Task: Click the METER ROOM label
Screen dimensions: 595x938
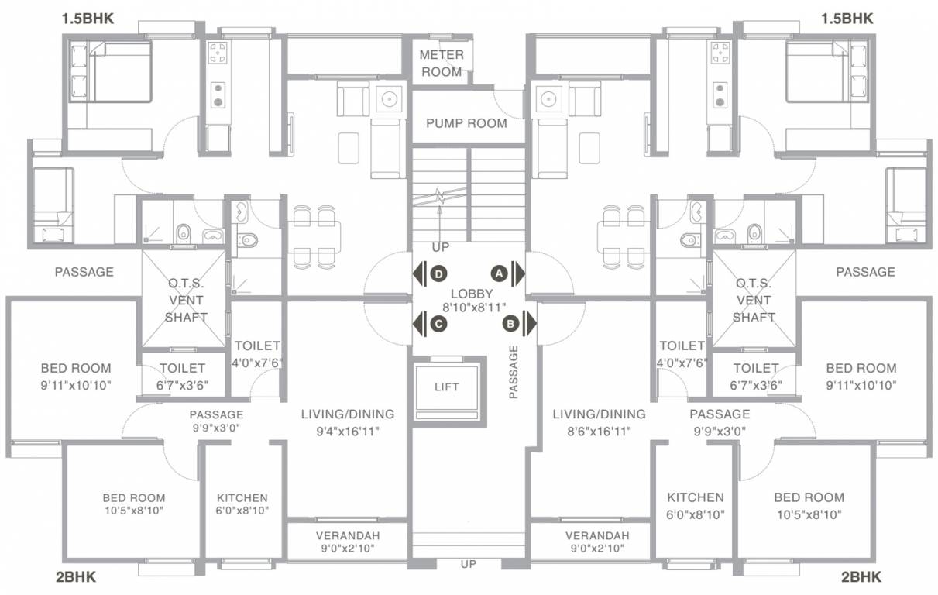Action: pos(441,64)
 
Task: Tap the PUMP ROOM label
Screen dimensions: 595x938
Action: pos(466,123)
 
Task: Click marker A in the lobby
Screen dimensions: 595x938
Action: pos(500,273)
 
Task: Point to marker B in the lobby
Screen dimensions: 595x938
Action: pos(510,323)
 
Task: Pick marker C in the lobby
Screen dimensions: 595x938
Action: pos(438,324)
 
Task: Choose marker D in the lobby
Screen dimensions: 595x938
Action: pos(438,273)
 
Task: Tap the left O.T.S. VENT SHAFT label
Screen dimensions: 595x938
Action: pos(186,300)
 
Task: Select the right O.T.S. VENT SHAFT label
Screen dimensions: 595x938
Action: pos(753,300)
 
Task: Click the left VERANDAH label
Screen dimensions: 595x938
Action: pos(347,536)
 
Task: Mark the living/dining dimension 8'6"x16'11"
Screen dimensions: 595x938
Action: pos(598,431)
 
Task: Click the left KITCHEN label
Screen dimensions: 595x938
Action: pos(242,497)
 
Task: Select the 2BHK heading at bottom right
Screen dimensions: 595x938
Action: pos(861,576)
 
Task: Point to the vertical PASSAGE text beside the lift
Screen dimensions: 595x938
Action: pos(513,372)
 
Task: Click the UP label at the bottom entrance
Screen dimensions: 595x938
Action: pos(468,564)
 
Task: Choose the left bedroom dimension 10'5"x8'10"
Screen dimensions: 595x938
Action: pos(133,511)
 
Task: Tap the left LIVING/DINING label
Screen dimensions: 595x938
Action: pos(347,414)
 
